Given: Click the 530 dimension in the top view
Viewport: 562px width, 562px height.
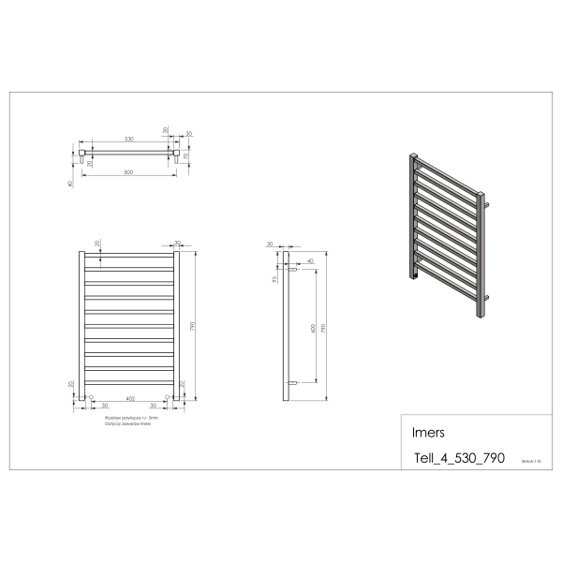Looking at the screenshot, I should click(129, 139).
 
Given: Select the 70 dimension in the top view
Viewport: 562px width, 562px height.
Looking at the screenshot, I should click(185, 155).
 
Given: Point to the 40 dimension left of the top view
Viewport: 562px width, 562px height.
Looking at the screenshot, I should click(70, 184).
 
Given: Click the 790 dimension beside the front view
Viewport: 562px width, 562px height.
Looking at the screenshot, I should click(193, 328).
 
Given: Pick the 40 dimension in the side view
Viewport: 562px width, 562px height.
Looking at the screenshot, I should click(310, 261).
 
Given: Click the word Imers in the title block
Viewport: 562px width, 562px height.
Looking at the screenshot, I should click(429, 434).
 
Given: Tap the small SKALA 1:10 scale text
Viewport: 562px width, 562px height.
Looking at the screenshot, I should click(531, 462).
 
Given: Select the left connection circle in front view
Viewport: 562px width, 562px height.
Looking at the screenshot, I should click(91, 397).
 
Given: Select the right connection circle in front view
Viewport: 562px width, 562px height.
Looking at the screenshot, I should click(168, 397).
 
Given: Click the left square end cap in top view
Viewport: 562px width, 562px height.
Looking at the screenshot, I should click(82, 149).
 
